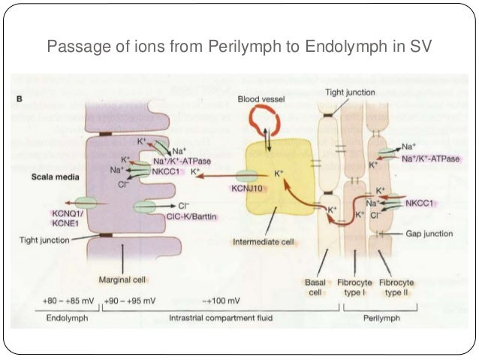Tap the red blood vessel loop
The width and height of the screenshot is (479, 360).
[x=264, y=119]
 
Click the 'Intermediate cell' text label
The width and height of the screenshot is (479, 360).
[x=262, y=242]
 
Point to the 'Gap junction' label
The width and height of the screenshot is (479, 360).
[x=426, y=234]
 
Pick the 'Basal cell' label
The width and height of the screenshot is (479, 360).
[x=315, y=286]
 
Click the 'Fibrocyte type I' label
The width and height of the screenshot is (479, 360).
[x=355, y=286]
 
